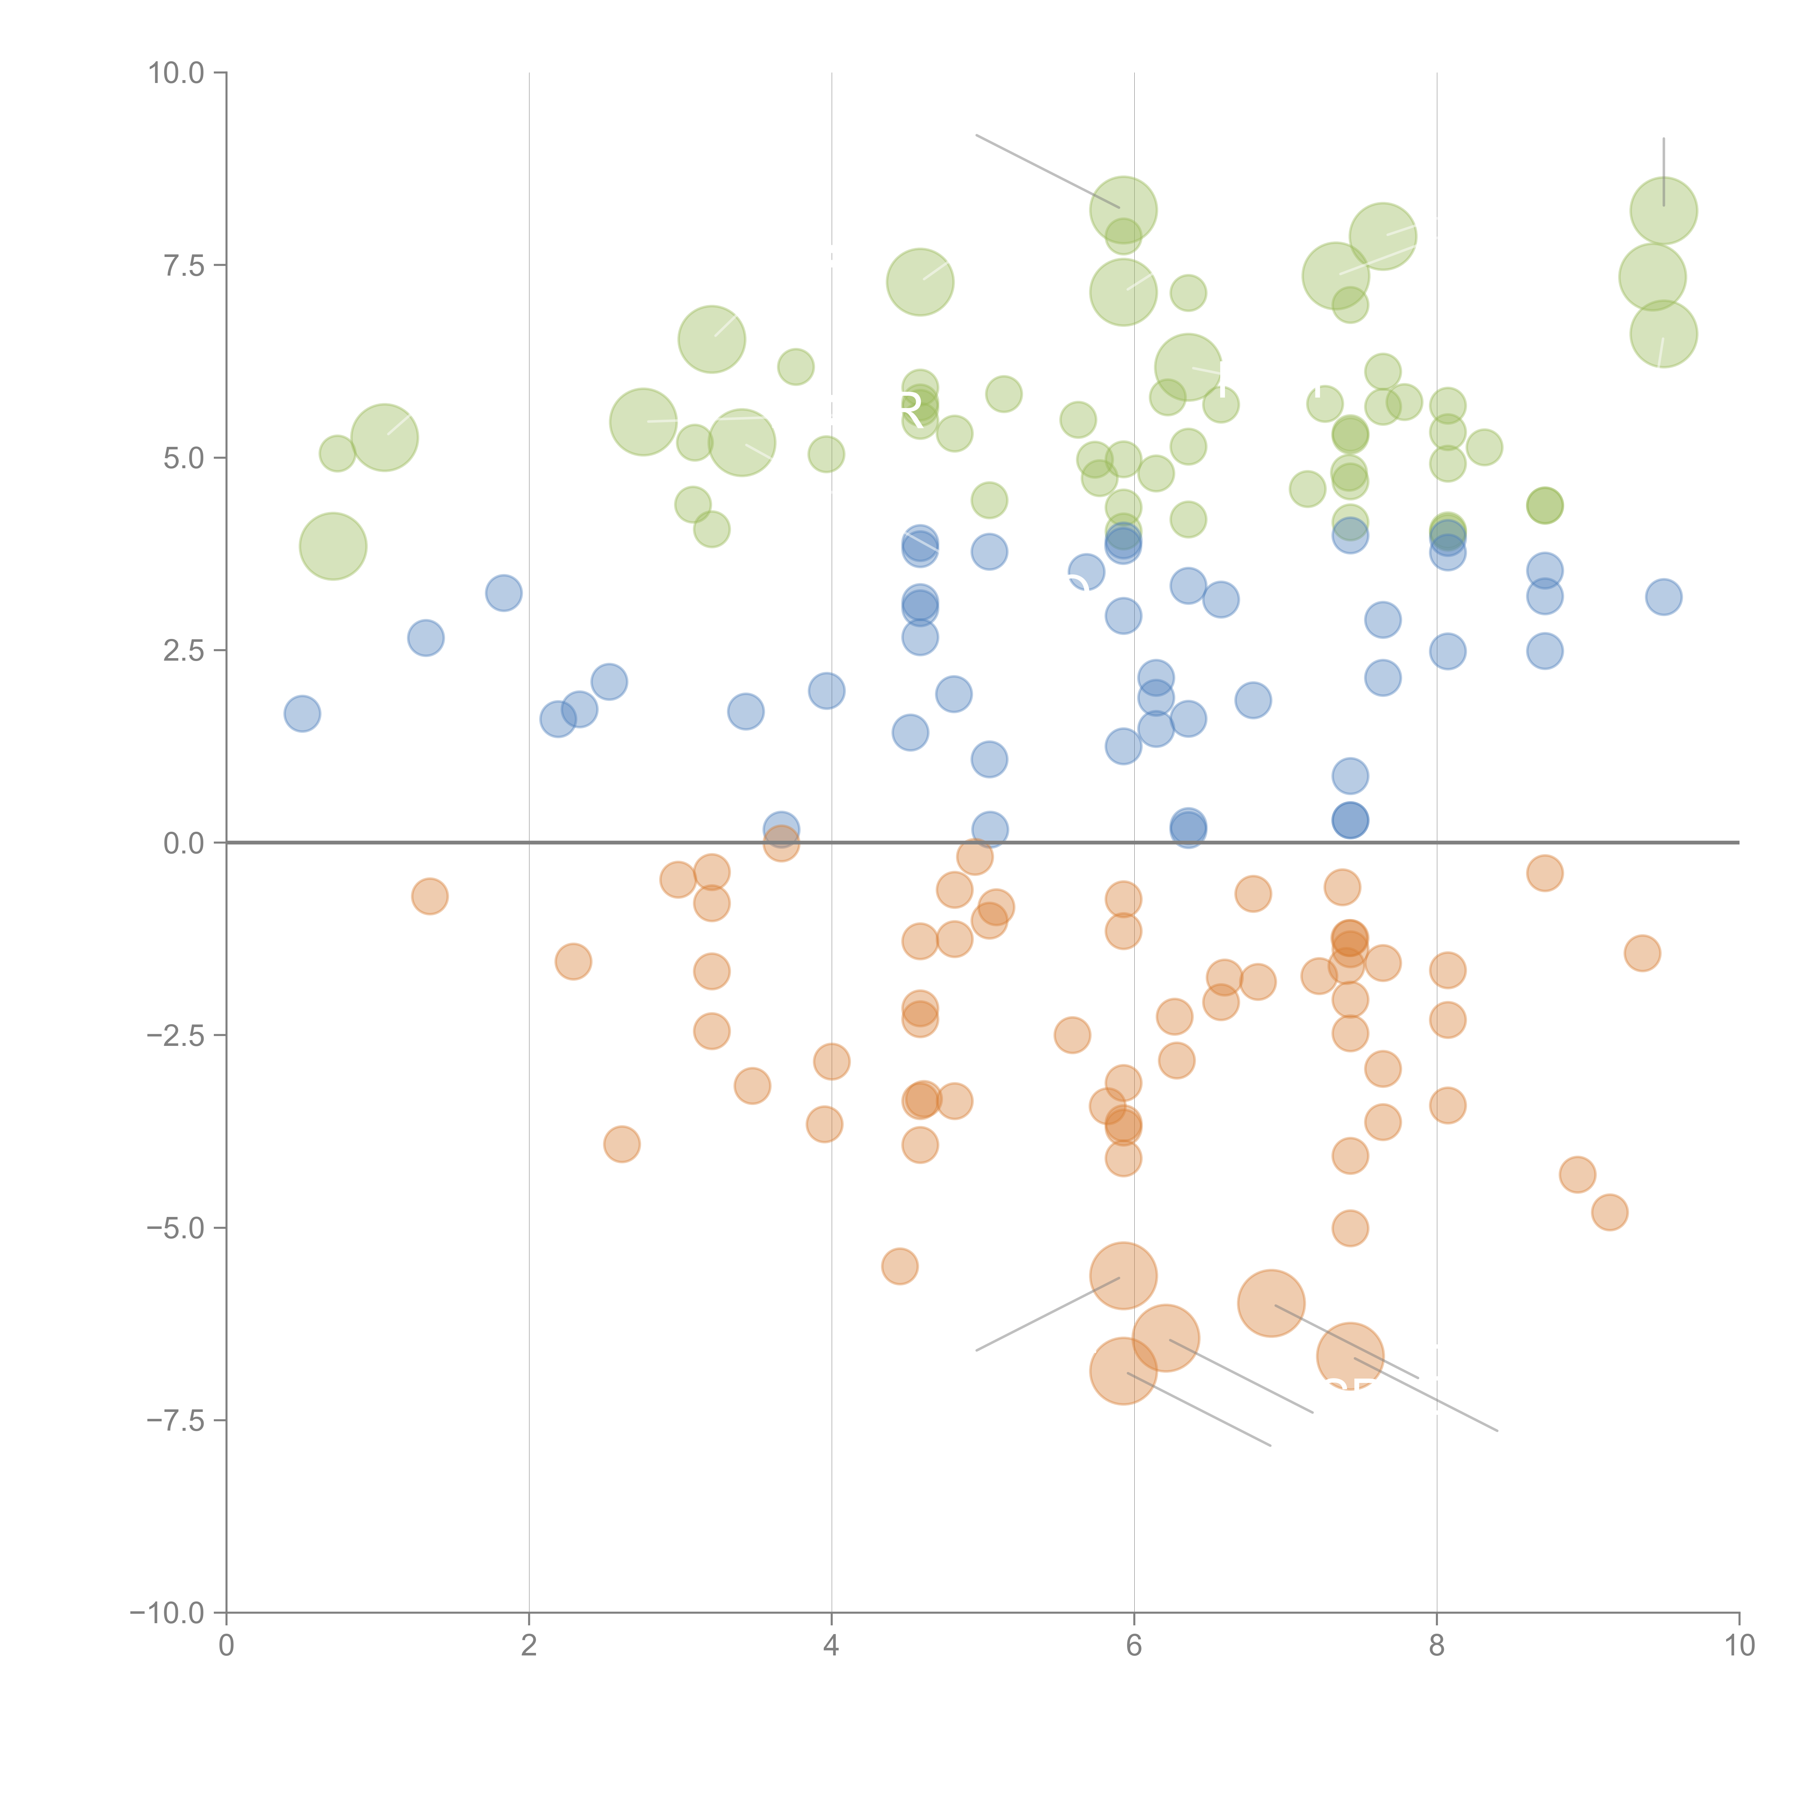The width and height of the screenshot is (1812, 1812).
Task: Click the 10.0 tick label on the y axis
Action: tap(176, 73)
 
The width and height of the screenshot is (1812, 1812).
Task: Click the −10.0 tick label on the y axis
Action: tap(169, 1613)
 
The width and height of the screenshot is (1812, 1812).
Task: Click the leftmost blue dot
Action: tap(302, 714)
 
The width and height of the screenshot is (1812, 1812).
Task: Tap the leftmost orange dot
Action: tap(429, 897)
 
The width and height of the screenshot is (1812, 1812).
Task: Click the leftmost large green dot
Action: tap(333, 546)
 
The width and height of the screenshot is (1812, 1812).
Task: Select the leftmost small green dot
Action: tap(337, 454)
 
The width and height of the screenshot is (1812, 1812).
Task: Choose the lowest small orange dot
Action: tap(899, 1267)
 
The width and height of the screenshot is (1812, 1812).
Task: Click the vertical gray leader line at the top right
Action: tap(1664, 169)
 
